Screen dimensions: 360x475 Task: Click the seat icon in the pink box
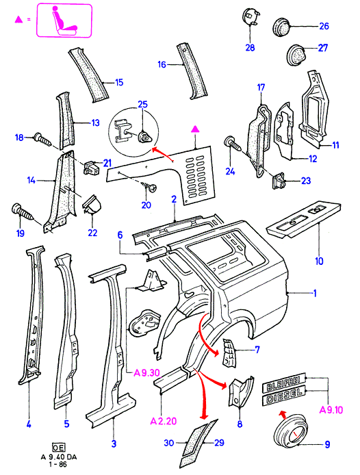pyautogui.click(x=64, y=21)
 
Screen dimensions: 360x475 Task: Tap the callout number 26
pyautogui.click(x=324, y=26)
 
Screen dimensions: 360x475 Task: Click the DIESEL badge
pyautogui.click(x=283, y=396)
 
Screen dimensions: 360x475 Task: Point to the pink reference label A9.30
pyautogui.click(x=146, y=372)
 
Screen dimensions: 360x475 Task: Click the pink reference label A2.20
pyautogui.click(x=164, y=421)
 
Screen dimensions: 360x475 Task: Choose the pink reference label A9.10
pyautogui.click(x=331, y=410)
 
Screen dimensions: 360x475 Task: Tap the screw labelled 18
pyautogui.click(x=42, y=139)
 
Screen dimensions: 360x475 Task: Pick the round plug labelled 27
pyautogui.click(x=296, y=55)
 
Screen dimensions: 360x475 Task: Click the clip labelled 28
pyautogui.click(x=251, y=17)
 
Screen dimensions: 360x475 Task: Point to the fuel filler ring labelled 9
pyautogui.click(x=291, y=431)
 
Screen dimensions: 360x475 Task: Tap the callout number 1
pyautogui.click(x=315, y=293)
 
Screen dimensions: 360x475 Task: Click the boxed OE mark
pyautogui.click(x=58, y=448)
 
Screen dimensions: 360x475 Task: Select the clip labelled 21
pyautogui.click(x=92, y=168)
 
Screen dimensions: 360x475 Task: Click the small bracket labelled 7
pyautogui.click(x=229, y=353)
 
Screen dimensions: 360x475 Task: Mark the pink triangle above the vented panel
pyautogui.click(x=196, y=129)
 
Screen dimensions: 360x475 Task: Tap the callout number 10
pyautogui.click(x=320, y=261)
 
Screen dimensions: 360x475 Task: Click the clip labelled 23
pyautogui.click(x=279, y=181)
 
